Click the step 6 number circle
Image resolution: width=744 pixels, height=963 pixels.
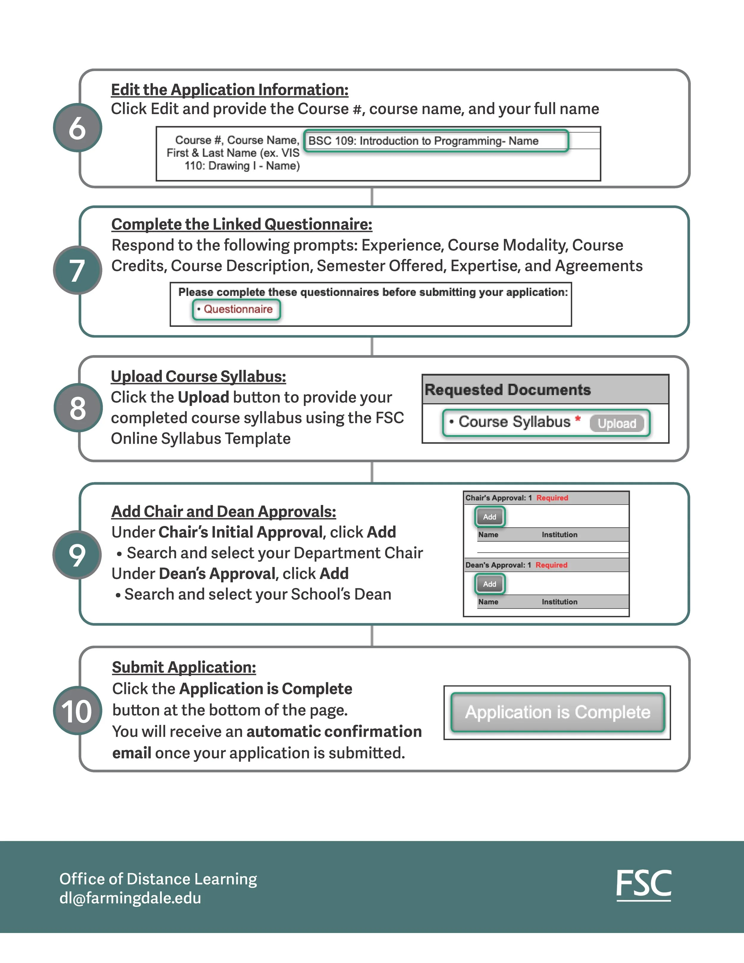tap(78, 128)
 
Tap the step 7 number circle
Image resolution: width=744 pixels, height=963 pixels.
tap(78, 270)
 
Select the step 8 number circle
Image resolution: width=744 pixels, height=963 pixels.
tap(78, 408)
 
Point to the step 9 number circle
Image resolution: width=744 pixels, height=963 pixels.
tap(77, 554)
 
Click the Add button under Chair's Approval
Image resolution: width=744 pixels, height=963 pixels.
tap(490, 517)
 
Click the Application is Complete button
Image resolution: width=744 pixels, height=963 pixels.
tap(558, 712)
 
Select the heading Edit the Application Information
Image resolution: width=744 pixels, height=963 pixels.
tap(230, 90)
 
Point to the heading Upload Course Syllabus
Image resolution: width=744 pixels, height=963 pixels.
tap(198, 377)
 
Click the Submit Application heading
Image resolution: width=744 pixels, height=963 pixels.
tap(184, 667)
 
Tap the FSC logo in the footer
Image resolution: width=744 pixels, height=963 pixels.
tap(643, 884)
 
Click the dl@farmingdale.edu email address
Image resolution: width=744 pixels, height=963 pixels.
tap(130, 898)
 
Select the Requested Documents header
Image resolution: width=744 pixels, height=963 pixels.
tap(508, 390)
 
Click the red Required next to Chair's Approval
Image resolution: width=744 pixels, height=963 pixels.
tap(552, 498)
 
